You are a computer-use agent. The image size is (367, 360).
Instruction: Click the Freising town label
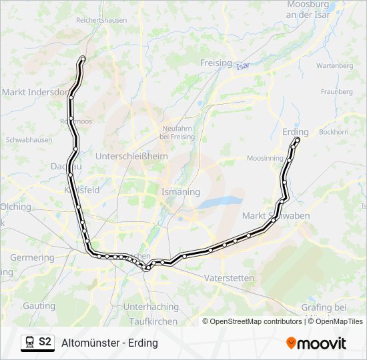point(216,63)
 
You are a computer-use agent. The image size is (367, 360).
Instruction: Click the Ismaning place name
point(180,191)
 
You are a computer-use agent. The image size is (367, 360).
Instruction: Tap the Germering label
point(32,257)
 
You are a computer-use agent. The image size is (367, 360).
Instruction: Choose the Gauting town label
point(39,306)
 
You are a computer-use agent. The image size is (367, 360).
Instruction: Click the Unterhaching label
point(151,307)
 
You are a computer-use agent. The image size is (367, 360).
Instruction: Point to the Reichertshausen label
point(101,21)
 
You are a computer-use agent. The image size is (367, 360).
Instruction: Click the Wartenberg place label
point(334,66)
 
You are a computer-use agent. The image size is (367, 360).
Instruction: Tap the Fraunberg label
point(336,91)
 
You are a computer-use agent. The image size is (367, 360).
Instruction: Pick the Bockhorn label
point(334,132)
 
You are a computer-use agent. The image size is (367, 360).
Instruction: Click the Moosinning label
point(265,159)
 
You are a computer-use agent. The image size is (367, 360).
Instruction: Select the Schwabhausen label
point(29,141)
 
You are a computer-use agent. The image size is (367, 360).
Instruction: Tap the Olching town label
point(16,207)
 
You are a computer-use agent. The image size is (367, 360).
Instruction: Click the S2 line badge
point(45,342)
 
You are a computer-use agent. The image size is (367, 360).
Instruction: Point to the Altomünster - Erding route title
point(109,343)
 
